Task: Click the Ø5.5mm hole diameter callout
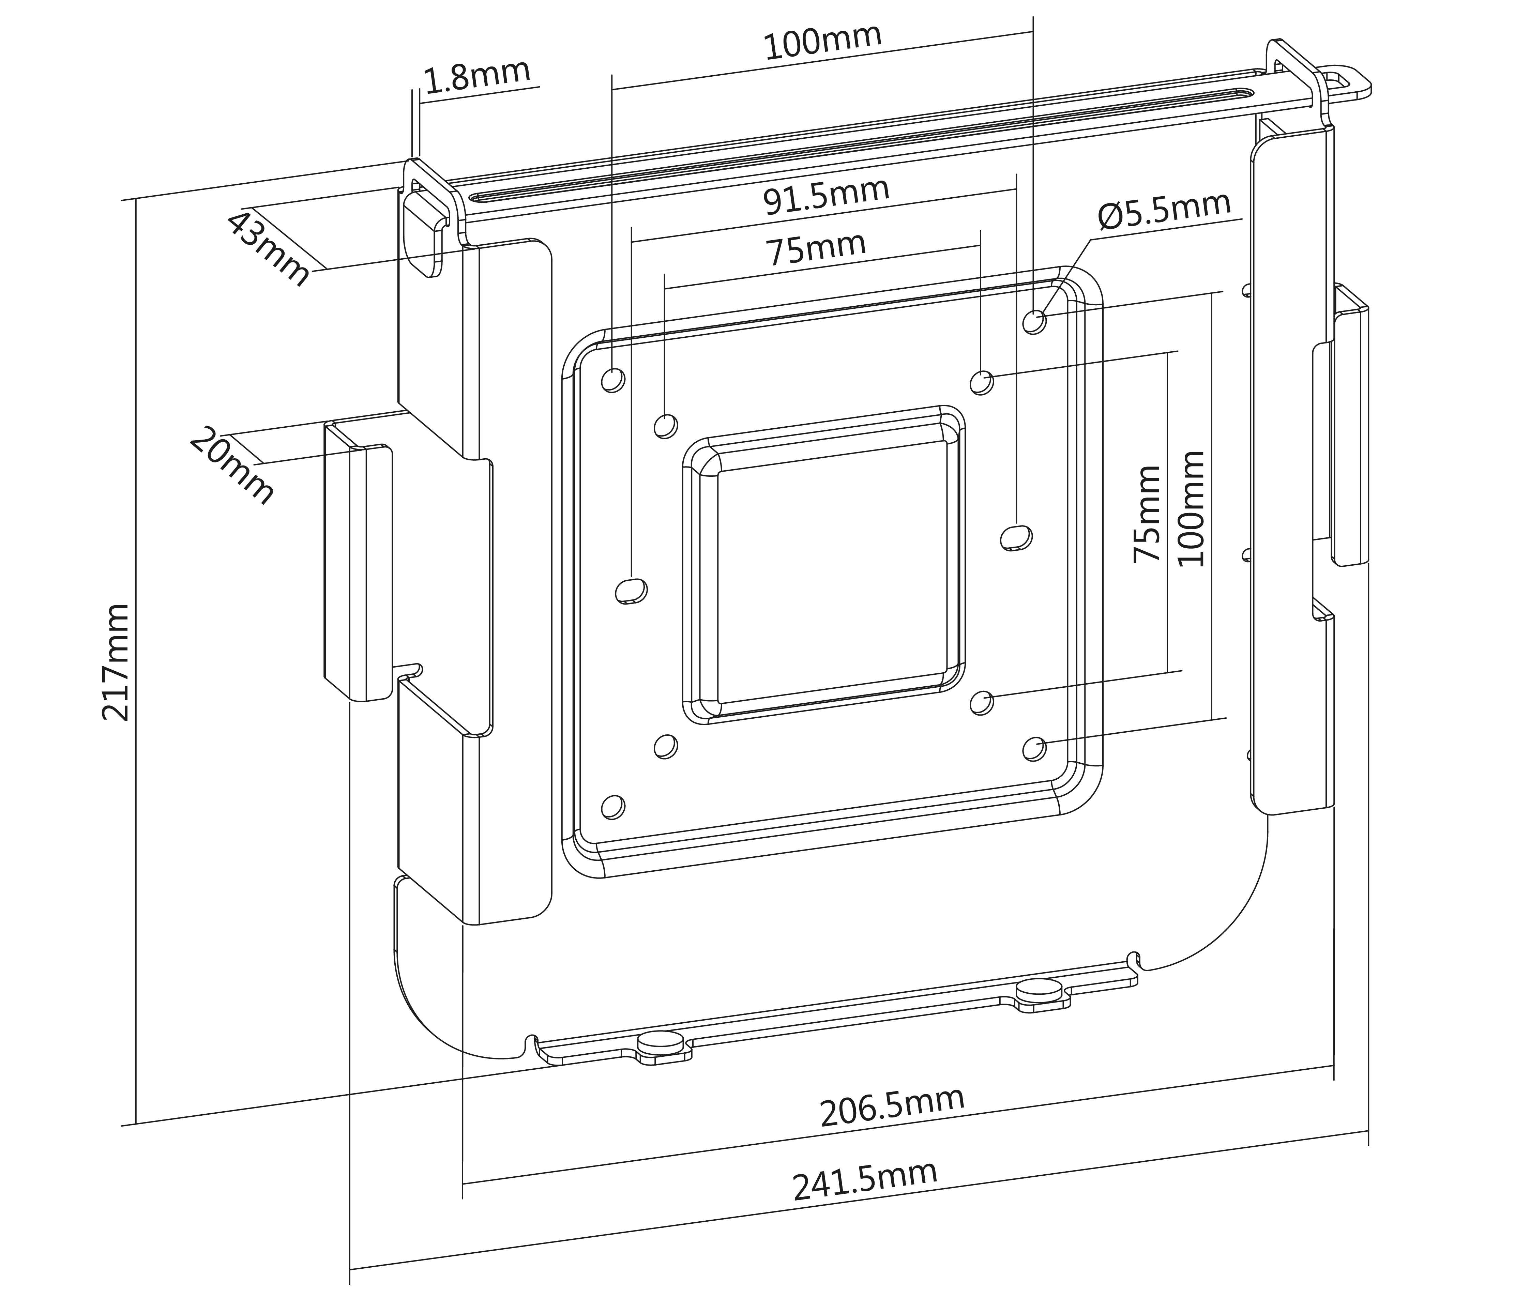pyautogui.click(x=1164, y=211)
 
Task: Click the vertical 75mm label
pyautogui.click(x=1147, y=514)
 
